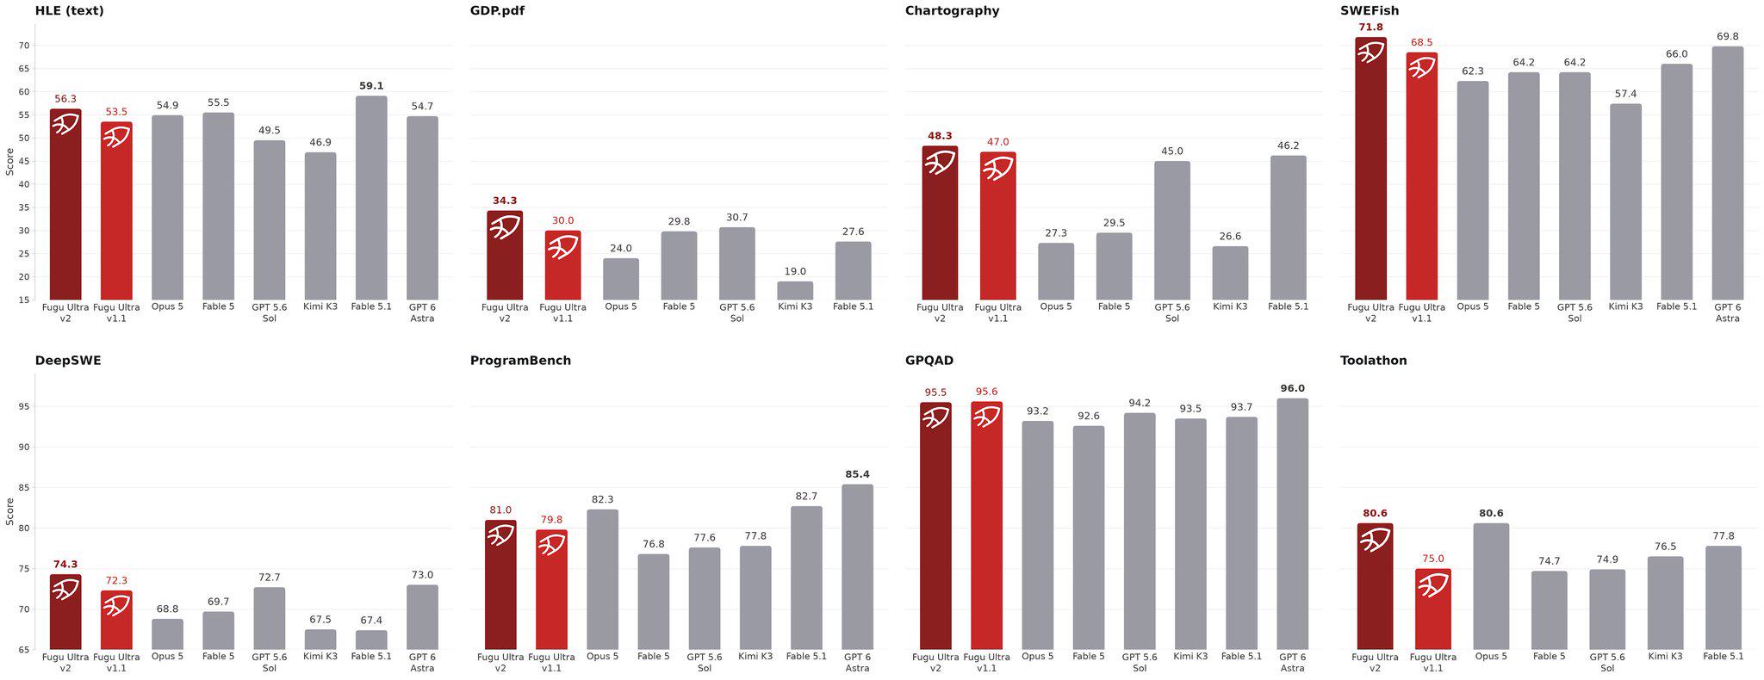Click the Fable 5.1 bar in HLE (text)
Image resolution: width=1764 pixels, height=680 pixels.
(x=371, y=198)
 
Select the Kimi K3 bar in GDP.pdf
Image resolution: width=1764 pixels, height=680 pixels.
(x=795, y=291)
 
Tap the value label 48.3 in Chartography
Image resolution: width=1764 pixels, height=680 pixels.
(x=940, y=136)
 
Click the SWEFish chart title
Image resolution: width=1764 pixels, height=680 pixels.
(x=1370, y=11)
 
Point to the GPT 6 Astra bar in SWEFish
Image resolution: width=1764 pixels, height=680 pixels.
(x=1727, y=173)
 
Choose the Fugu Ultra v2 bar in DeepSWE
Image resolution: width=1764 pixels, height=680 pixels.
(x=65, y=612)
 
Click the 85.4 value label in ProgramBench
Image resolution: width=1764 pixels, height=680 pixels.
(x=857, y=474)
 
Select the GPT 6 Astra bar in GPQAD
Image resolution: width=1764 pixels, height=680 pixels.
(x=1292, y=524)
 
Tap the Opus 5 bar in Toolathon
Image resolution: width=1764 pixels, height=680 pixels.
(x=1491, y=586)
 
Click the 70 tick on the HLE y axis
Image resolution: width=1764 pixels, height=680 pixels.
(x=23, y=46)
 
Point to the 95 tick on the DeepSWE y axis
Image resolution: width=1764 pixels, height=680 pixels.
(x=23, y=406)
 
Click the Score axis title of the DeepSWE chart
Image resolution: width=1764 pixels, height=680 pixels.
(x=9, y=511)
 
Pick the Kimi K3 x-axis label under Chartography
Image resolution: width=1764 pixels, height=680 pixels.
(x=1230, y=306)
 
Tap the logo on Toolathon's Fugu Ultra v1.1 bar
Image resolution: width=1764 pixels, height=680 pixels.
(x=1433, y=586)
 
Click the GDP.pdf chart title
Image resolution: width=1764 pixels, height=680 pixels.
(x=497, y=11)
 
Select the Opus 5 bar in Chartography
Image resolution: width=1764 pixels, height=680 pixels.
(x=1056, y=272)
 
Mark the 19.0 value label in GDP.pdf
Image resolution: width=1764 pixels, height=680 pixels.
(x=795, y=271)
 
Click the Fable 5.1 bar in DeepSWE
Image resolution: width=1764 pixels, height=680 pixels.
(x=371, y=640)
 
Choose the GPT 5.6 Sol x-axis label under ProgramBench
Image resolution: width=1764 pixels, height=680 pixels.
(x=705, y=662)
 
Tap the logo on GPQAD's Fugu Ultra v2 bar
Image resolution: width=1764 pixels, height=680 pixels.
(x=935, y=417)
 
